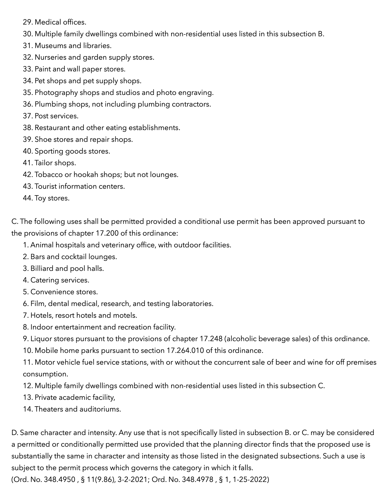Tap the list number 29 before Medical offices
[x=27, y=22]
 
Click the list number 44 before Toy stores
[x=27, y=198]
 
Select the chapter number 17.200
[x=107, y=233]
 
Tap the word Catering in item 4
[x=42, y=280]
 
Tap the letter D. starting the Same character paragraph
[x=14, y=433]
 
